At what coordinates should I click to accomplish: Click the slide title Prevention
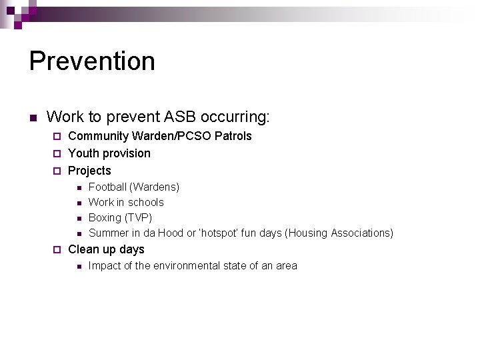[92, 61]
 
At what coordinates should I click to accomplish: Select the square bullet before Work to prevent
[32, 119]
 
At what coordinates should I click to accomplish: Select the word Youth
[83, 153]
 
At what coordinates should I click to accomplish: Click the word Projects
[89, 171]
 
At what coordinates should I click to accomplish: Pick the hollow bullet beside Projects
[57, 171]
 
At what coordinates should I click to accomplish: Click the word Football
[107, 187]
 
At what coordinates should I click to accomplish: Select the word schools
[146, 202]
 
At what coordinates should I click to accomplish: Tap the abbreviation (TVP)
[139, 217]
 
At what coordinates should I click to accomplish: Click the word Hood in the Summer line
[170, 233]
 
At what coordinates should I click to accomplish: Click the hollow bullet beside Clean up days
[57, 250]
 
